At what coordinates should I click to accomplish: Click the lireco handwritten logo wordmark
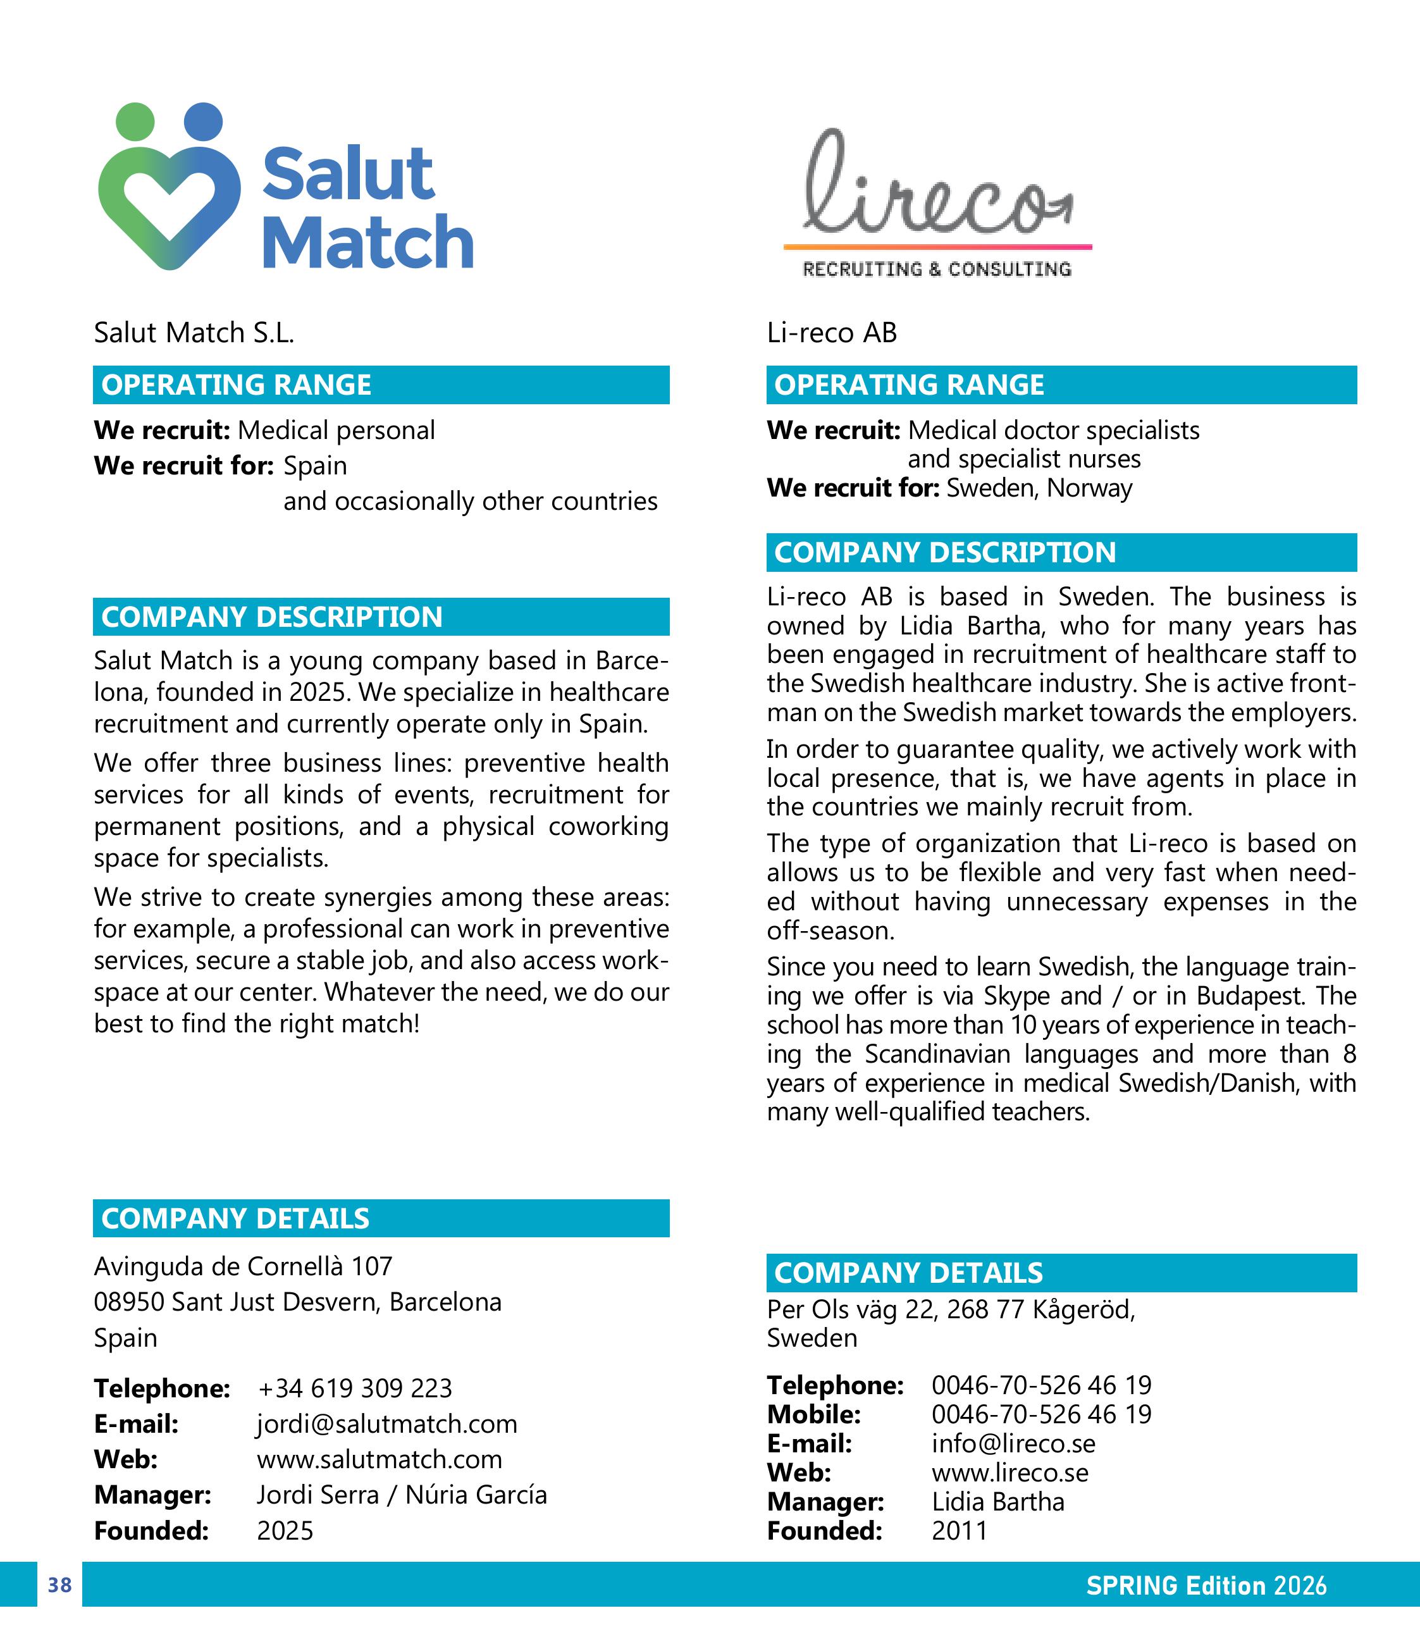(936, 187)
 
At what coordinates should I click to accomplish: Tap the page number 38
(59, 1585)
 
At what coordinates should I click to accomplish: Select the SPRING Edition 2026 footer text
(1206, 1585)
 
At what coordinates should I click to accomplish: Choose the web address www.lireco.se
(1010, 1472)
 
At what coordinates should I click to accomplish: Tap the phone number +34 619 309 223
(355, 1388)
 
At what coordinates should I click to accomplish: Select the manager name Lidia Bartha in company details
(998, 1501)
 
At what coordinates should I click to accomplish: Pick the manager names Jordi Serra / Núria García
(402, 1494)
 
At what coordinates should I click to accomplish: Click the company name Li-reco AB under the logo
(831, 333)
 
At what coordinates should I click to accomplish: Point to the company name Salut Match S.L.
(194, 333)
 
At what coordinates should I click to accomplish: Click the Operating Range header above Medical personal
(237, 385)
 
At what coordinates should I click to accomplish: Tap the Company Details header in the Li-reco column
(908, 1273)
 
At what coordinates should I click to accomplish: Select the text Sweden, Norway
(1039, 487)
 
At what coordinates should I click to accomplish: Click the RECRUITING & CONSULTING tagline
(937, 269)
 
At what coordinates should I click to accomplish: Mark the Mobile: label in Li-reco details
(813, 1414)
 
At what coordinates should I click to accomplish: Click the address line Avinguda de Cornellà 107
(243, 1266)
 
